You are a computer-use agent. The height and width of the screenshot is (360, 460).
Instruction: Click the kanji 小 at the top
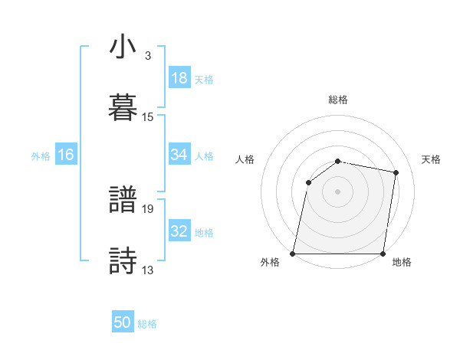point(123,47)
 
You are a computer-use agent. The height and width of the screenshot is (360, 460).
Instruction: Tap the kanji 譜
point(123,201)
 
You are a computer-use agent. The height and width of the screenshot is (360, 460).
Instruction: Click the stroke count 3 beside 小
point(147,55)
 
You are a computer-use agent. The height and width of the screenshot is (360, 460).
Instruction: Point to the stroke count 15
point(148,116)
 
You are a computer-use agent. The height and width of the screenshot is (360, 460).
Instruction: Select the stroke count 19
point(148,208)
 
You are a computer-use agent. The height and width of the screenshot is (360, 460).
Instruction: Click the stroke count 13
point(148,269)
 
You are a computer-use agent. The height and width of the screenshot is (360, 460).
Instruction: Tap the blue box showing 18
point(179,78)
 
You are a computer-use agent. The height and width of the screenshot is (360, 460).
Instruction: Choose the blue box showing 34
point(179,155)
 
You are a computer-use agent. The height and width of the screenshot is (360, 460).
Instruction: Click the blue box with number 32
point(179,231)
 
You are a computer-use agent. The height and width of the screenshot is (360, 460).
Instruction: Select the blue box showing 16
point(66,155)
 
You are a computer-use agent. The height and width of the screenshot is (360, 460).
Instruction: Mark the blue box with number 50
point(123,323)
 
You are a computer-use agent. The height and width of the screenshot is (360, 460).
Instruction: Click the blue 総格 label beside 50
point(147,324)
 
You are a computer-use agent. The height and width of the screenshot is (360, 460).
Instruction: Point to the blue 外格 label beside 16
point(41,155)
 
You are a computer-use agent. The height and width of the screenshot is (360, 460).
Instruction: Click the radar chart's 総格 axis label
point(338,100)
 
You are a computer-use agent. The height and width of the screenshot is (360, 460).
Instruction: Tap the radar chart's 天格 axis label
point(432,159)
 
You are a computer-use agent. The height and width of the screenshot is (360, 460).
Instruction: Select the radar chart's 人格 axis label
point(245,159)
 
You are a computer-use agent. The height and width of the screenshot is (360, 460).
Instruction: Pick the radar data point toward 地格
point(383,254)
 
